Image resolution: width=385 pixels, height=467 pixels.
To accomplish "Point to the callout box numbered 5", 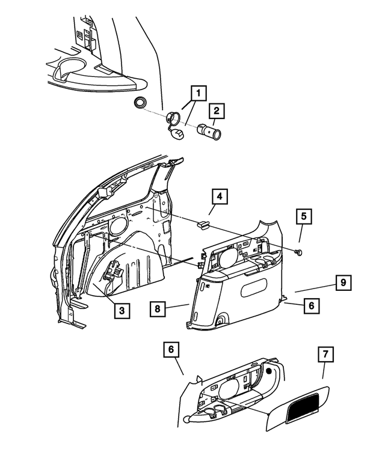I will (303, 216).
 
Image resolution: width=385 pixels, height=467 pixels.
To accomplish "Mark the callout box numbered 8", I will (158, 309).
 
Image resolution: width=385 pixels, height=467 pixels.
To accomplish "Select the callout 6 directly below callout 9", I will (311, 305).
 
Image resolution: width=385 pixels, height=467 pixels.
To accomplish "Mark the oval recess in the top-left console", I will (71, 74).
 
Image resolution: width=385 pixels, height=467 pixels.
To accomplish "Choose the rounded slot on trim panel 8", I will (257, 290).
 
